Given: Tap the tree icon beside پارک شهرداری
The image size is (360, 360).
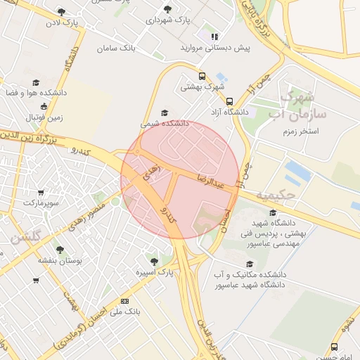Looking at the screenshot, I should (167, 9).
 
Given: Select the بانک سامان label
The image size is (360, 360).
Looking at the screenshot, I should (117, 49).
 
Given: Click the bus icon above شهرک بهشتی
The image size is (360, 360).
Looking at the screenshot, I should (202, 77).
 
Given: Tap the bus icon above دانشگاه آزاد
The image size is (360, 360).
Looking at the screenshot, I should (229, 101).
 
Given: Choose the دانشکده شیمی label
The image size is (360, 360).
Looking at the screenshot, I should (165, 123).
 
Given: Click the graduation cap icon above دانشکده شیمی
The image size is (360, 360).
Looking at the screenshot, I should (165, 112).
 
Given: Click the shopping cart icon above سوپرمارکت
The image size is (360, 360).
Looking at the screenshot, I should (41, 192).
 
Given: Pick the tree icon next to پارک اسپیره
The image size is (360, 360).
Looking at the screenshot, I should (154, 262).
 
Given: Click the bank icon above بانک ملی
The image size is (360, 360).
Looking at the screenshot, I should (125, 301).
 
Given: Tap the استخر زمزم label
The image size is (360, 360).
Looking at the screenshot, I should (300, 131).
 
